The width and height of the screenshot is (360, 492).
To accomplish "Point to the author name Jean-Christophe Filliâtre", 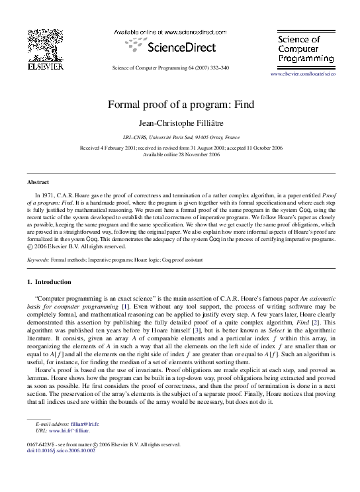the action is (x=181, y=123).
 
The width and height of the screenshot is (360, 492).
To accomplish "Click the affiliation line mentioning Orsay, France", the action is (x=181, y=136).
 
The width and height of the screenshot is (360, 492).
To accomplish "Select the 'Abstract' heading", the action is (x=38, y=181).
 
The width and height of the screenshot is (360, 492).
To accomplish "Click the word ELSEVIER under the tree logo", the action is (x=44, y=66).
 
